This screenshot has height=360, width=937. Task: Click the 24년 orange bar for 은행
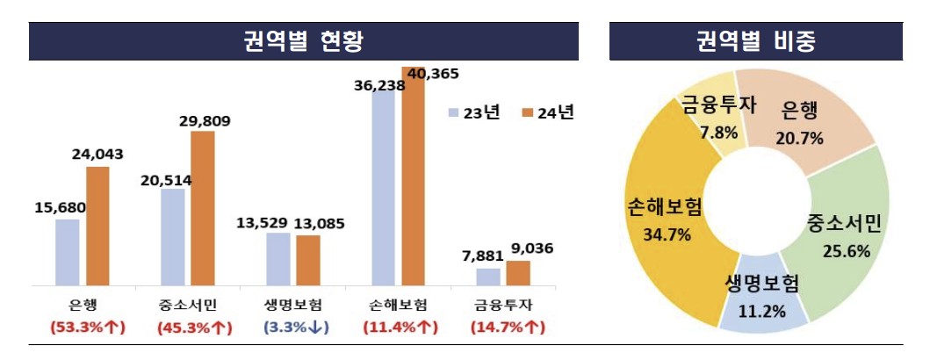point(97,226)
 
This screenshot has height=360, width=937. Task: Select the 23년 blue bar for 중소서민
point(173,236)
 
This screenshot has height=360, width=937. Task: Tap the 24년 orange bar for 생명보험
point(308,260)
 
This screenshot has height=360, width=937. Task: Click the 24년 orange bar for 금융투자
point(519,272)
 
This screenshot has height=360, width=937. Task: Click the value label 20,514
point(166,180)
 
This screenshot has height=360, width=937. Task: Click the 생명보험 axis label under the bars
point(292,306)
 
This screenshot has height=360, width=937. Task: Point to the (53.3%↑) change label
point(84,328)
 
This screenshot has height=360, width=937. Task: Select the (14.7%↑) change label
point(506,328)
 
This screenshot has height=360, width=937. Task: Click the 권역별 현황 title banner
point(304,41)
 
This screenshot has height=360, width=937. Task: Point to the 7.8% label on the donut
point(719,132)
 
